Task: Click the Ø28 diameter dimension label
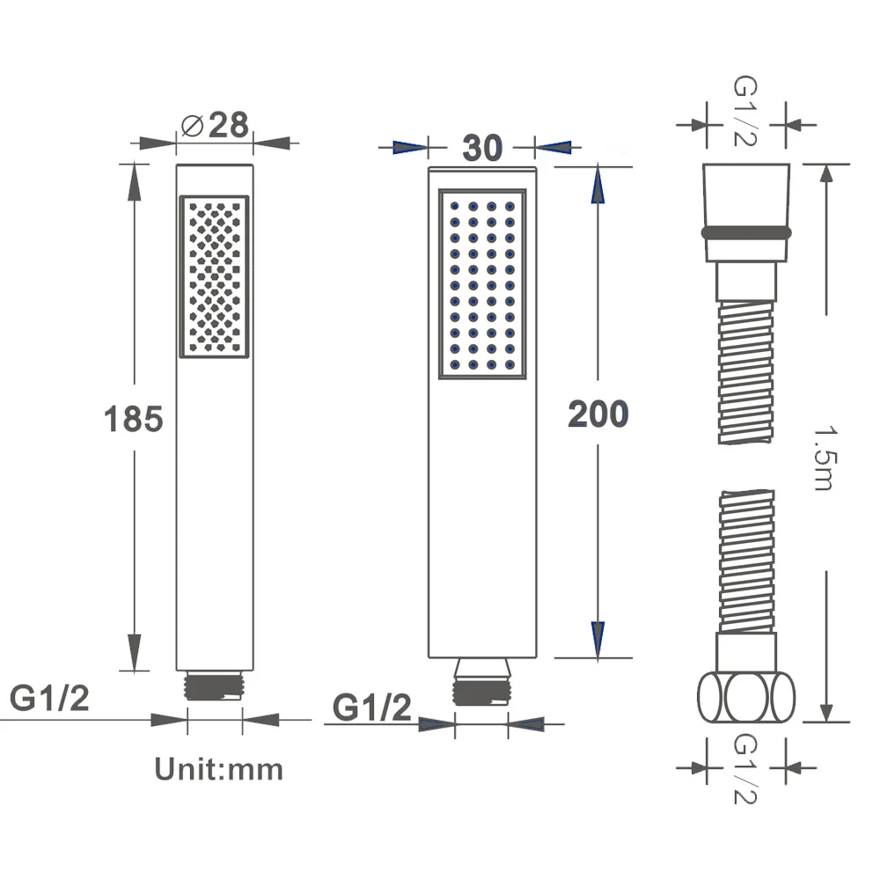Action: point(215,125)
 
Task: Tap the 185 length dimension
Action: point(134,419)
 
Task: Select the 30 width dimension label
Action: point(482,148)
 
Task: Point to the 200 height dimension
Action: point(598,414)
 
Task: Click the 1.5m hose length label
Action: point(826,458)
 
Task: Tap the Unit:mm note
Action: point(219,769)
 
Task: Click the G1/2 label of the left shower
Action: point(49,698)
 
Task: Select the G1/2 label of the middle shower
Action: point(372,708)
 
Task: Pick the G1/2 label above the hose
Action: point(746,111)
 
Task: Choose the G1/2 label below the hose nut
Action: point(746,769)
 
